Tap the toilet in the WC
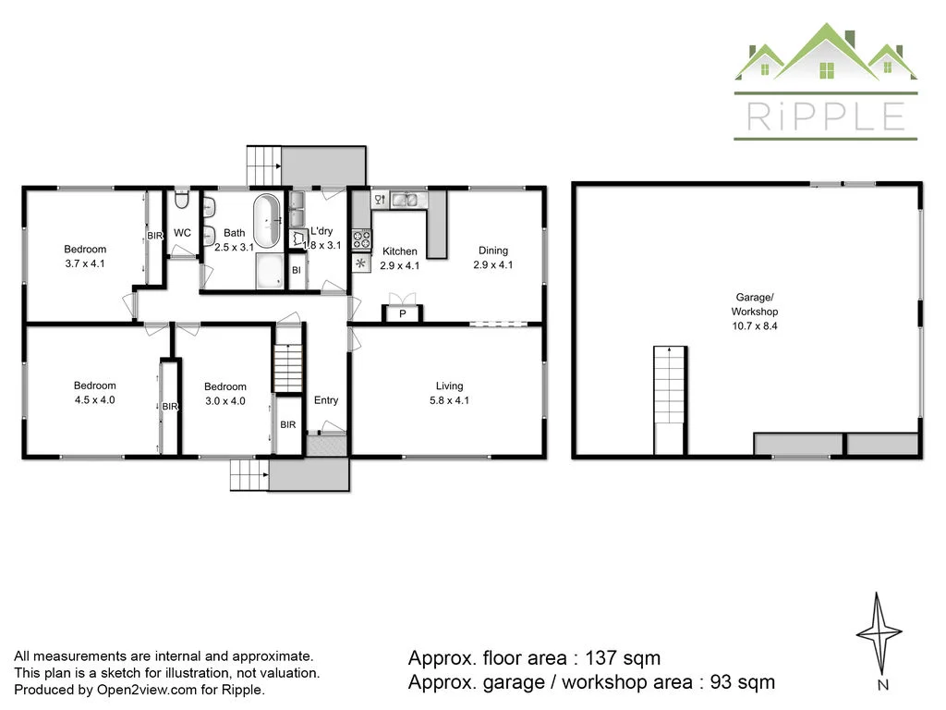pyautogui.click(x=182, y=201)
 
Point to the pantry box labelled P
pyautogui.click(x=402, y=314)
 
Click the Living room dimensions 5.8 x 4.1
pyautogui.click(x=450, y=400)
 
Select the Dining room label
pyautogui.click(x=492, y=251)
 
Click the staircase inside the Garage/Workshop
pyautogui.click(x=670, y=399)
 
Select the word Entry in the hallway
pyautogui.click(x=326, y=400)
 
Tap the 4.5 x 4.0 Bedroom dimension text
pyautogui.click(x=95, y=400)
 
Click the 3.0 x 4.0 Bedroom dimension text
pyautogui.click(x=225, y=401)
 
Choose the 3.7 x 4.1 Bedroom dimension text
pyautogui.click(x=85, y=263)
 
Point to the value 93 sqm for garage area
pyautogui.click(x=737, y=682)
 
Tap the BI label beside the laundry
pyautogui.click(x=296, y=271)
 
